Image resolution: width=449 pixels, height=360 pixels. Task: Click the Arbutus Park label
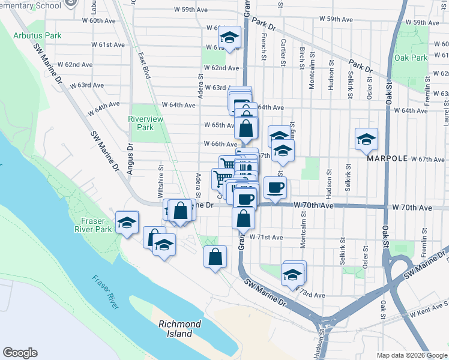(x=37, y=35)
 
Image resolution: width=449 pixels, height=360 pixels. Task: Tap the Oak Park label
(x=411, y=58)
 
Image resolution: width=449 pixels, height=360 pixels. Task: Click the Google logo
(x=20, y=353)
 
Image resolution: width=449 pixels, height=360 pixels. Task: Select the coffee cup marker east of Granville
(x=276, y=187)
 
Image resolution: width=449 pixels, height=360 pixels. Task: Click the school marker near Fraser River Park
(x=127, y=223)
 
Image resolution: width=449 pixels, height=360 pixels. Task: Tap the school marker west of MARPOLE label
(x=366, y=139)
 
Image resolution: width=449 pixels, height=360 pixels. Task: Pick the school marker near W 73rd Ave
(x=293, y=275)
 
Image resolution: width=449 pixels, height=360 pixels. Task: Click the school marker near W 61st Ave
(x=229, y=37)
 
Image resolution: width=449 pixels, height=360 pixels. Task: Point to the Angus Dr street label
(x=130, y=158)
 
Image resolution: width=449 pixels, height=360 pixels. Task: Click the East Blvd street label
(x=144, y=65)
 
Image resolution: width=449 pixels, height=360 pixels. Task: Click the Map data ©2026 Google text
(x=411, y=355)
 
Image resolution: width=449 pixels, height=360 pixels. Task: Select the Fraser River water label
(x=106, y=292)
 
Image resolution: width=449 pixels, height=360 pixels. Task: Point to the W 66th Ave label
(x=221, y=144)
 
